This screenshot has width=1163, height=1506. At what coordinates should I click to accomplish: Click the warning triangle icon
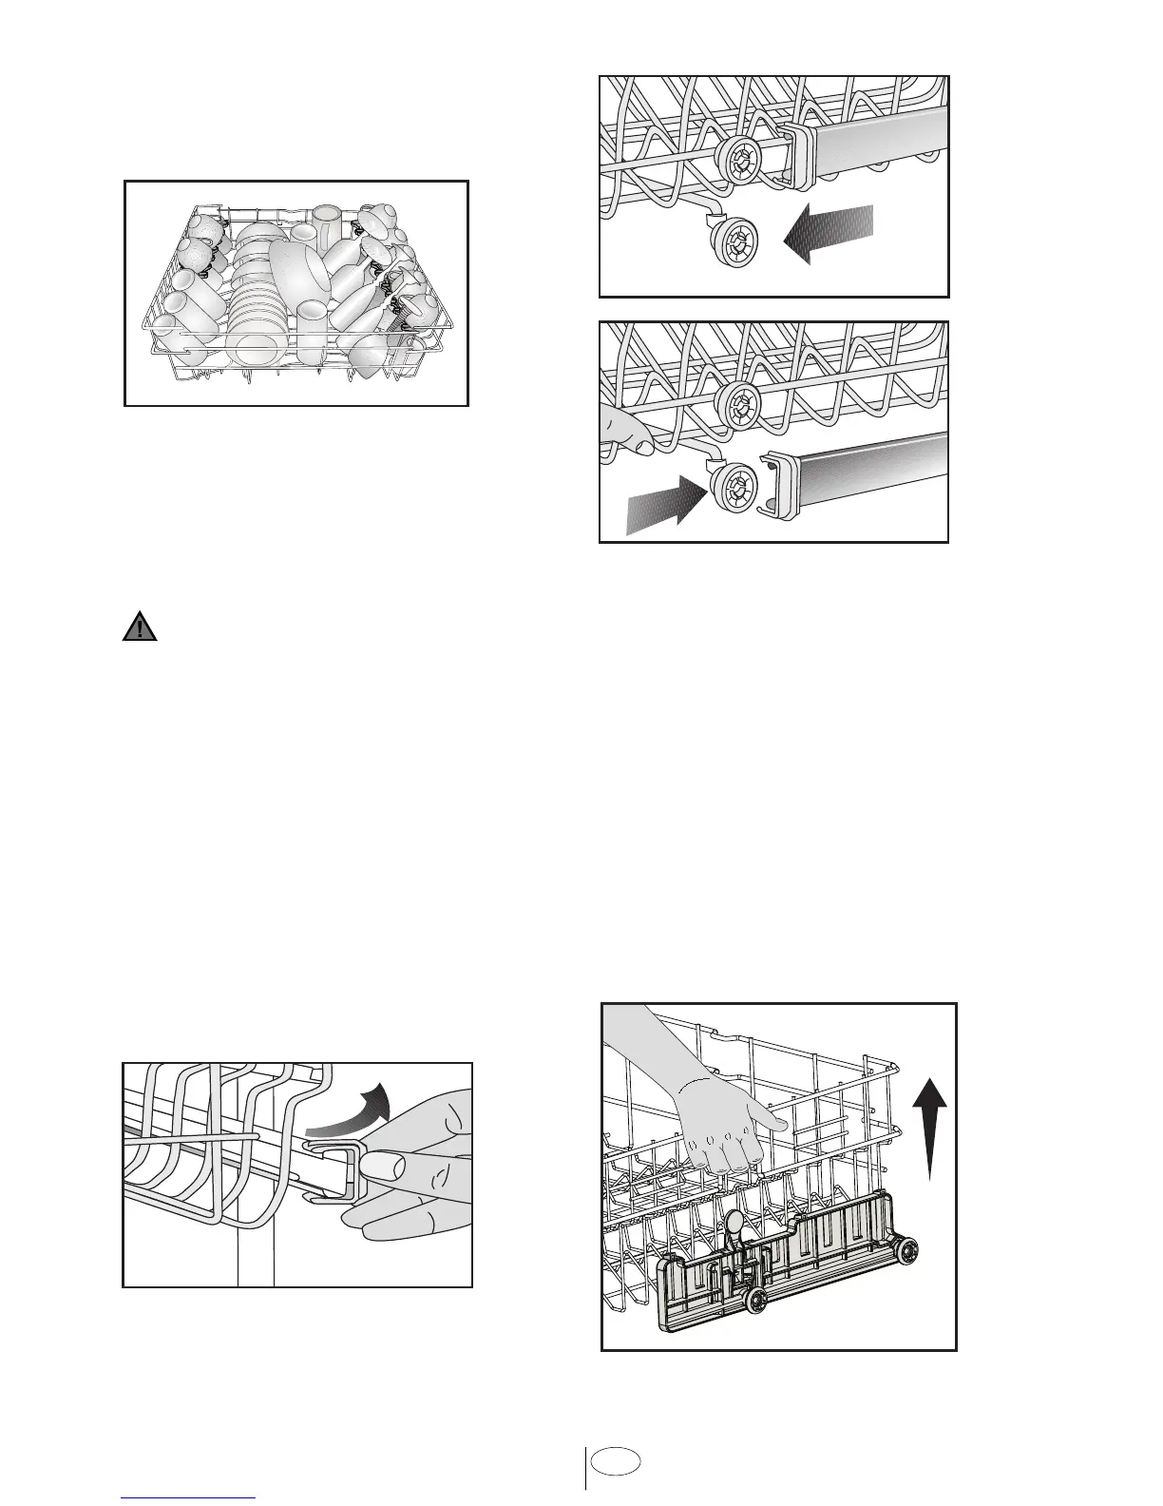coord(139,627)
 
